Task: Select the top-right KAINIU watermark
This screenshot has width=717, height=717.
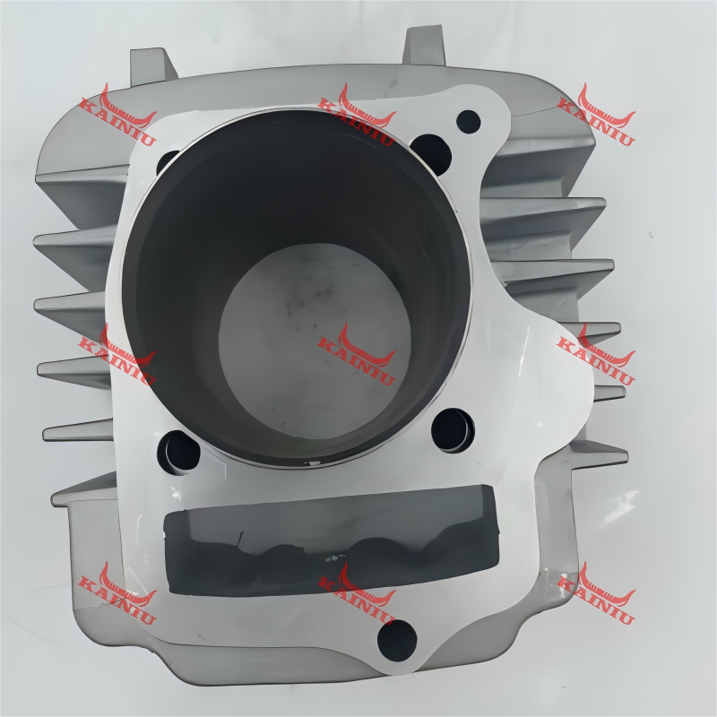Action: (x=595, y=117)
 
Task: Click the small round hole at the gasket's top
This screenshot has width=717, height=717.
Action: (x=468, y=119)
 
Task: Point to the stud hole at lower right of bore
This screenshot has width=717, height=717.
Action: (x=453, y=429)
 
